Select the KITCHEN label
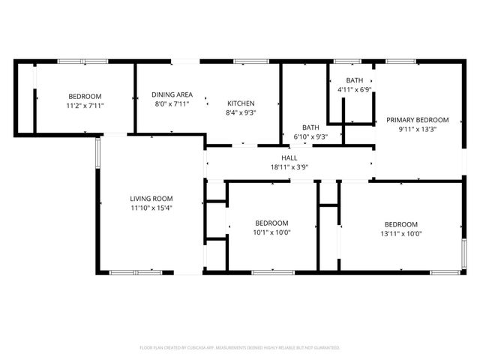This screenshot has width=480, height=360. click(x=241, y=103)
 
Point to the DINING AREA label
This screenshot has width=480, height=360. click(x=172, y=94)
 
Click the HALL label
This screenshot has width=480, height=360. click(x=289, y=157)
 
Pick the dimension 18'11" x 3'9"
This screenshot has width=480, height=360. click(x=289, y=167)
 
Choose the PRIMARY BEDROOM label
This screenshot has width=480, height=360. click(x=417, y=119)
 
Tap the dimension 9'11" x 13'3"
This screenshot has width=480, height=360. click(x=417, y=129)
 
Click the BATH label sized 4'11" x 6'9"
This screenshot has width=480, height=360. click(x=355, y=80)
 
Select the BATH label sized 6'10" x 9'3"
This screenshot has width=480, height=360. click(x=310, y=127)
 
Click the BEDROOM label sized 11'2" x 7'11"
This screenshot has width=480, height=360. click(x=85, y=96)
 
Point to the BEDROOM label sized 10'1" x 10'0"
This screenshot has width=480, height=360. click(x=271, y=223)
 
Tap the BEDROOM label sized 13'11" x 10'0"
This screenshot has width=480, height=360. click(x=400, y=224)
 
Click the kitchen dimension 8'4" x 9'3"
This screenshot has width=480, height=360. click(x=241, y=112)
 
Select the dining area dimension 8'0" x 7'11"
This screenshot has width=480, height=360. click(x=172, y=103)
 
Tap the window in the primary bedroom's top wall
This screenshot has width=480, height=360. click(x=401, y=61)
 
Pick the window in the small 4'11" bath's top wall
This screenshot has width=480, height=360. click(x=347, y=61)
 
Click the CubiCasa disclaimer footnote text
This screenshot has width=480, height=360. click(x=240, y=348)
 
